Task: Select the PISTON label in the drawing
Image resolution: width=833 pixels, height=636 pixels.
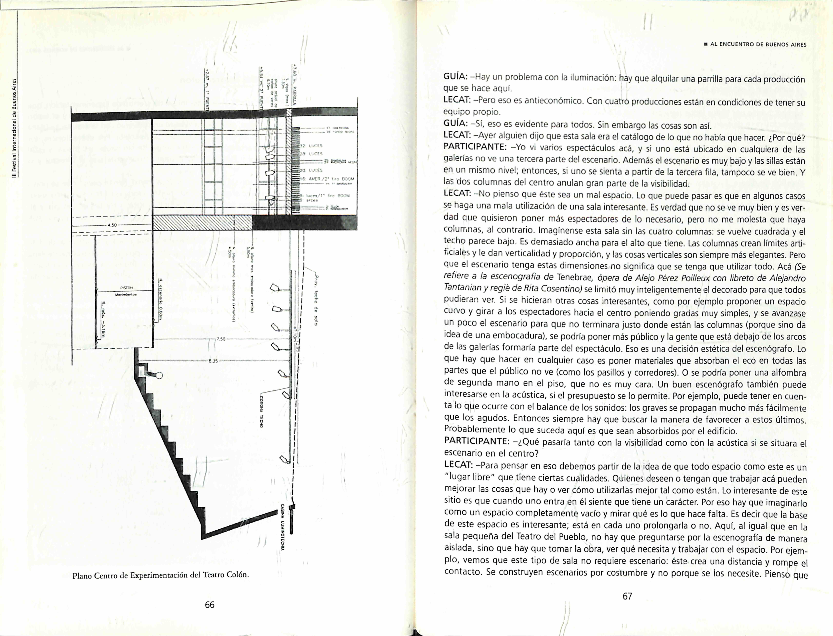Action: (x=126, y=287)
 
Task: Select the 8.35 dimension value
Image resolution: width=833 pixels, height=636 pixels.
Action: (x=213, y=360)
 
